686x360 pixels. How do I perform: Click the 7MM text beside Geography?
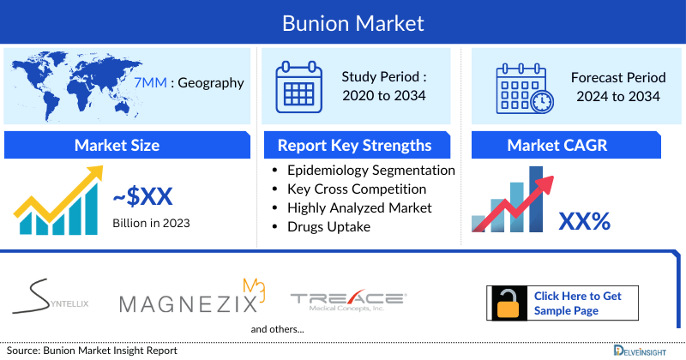pos(151,83)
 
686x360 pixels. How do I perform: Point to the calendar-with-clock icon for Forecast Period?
pos(524,87)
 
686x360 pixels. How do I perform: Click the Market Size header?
pos(117,145)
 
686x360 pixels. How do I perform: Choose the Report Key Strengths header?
pos(353,145)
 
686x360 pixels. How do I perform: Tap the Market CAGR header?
pos(569,145)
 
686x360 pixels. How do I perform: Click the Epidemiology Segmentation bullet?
pos(371,171)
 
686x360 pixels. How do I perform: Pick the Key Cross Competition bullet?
pos(357,189)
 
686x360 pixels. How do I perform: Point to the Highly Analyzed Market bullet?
pos(359,207)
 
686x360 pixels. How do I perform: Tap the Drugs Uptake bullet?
pos(329,226)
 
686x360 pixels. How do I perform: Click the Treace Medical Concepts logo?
pos(348,301)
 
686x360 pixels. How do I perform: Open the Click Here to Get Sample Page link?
pos(577,303)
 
